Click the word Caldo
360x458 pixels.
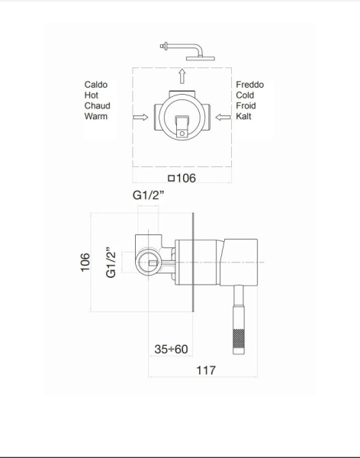click(x=96, y=85)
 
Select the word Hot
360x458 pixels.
click(x=92, y=95)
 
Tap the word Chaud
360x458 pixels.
click(x=97, y=106)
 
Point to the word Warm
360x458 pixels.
click(x=96, y=117)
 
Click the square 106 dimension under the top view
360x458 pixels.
click(x=181, y=179)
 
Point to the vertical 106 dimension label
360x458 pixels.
click(x=85, y=262)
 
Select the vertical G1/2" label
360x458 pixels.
click(x=111, y=262)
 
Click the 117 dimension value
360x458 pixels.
click(x=205, y=370)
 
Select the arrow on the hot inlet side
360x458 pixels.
click(x=140, y=118)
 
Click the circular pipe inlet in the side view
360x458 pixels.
click(x=146, y=263)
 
